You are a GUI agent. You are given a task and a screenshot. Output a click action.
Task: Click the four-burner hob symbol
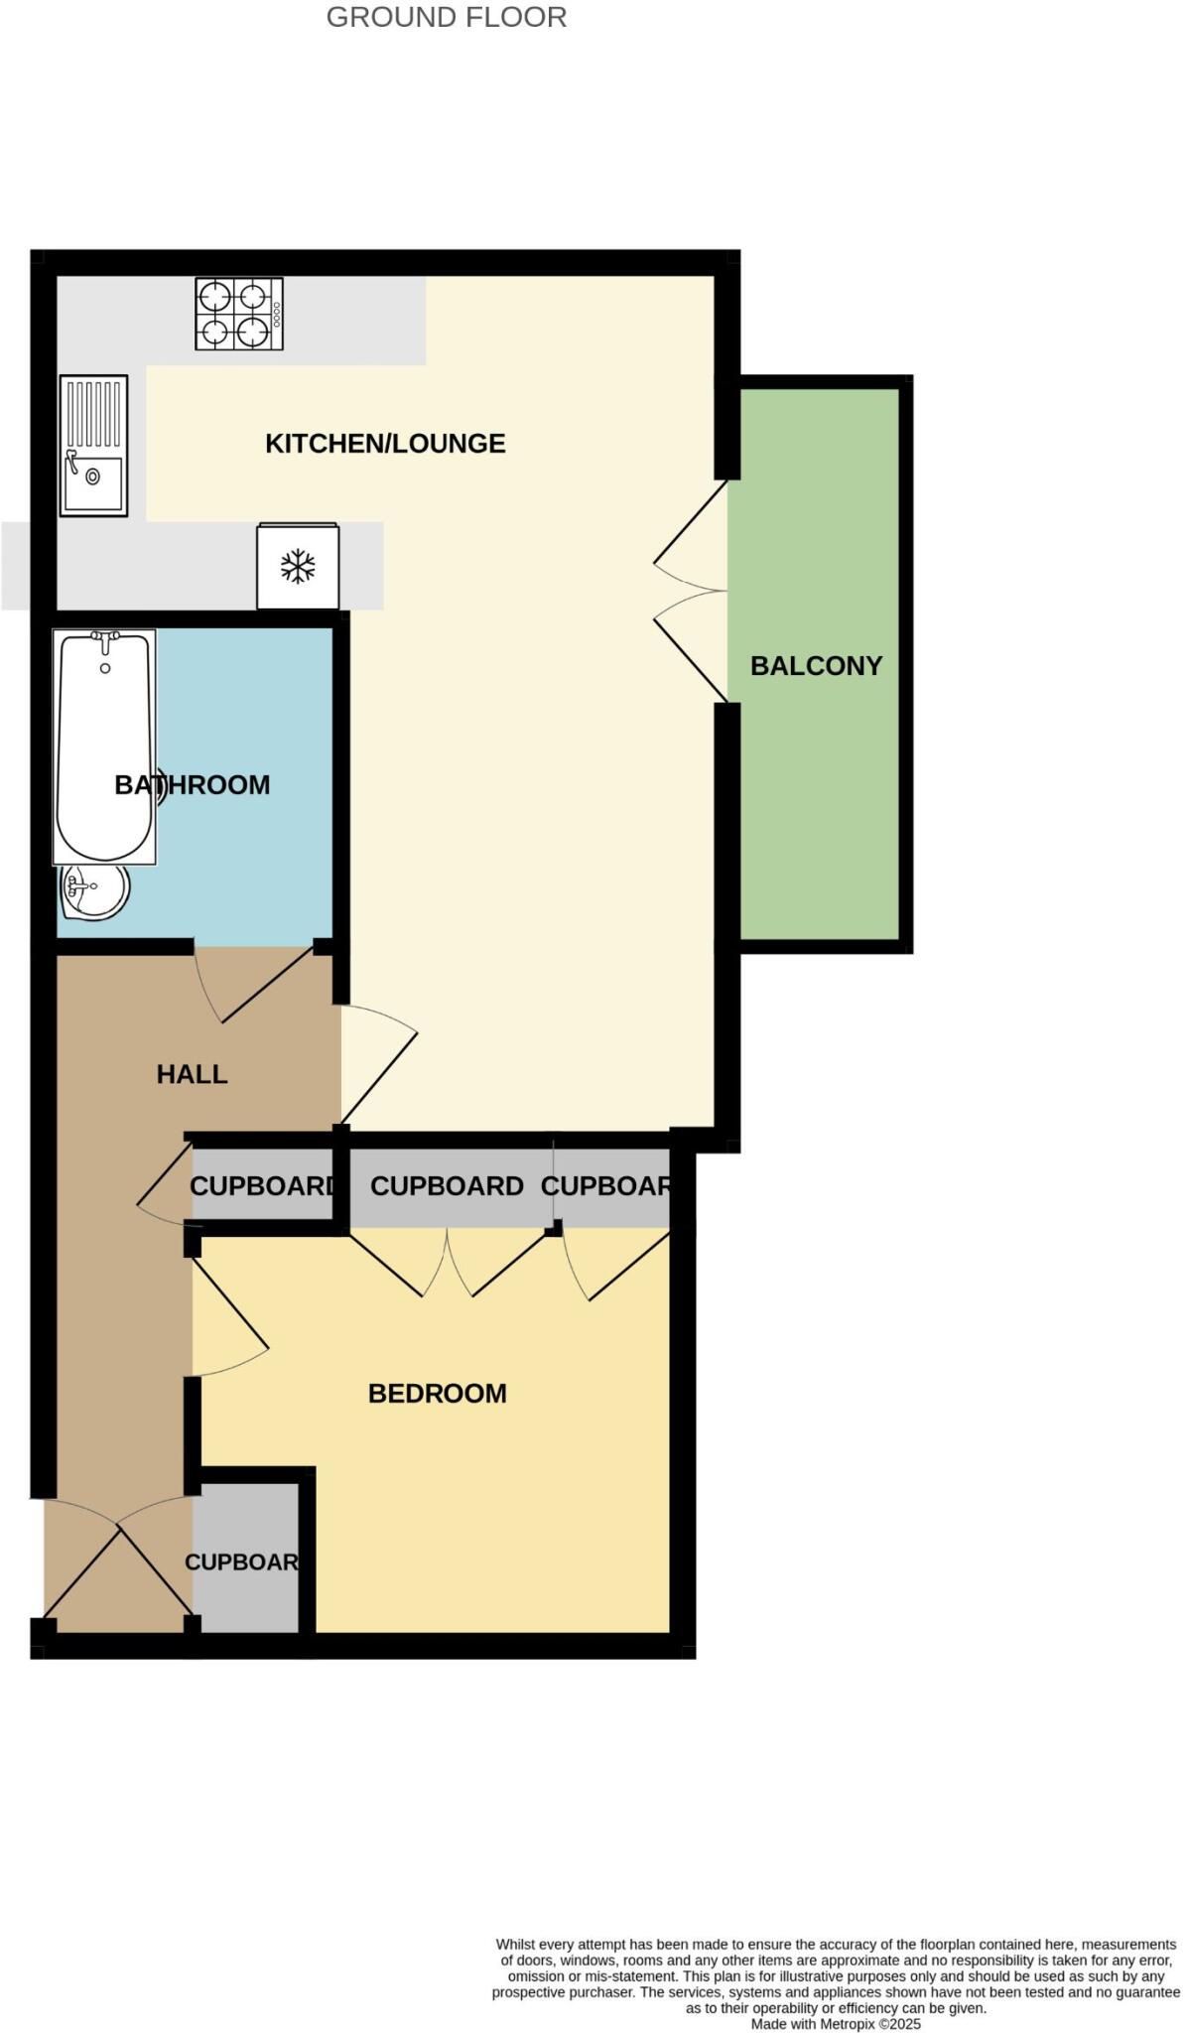coord(238,314)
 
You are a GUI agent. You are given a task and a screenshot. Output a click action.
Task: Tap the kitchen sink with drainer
coord(93,445)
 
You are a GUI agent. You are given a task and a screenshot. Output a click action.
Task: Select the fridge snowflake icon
coord(298,567)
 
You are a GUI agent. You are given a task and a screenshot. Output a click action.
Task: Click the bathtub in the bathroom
coord(104,746)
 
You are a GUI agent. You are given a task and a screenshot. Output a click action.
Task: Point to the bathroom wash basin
coord(93,890)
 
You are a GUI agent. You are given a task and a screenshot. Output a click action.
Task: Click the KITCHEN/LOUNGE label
coord(385,443)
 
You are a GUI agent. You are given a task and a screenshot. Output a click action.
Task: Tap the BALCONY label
coord(816,665)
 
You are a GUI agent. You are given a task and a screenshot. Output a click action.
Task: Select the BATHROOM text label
coord(193,785)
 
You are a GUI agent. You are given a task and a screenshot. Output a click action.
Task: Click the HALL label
coord(192,1074)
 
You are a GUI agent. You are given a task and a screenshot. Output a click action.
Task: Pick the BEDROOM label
coord(437,1394)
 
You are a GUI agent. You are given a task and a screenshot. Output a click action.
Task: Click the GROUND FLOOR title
coord(446,17)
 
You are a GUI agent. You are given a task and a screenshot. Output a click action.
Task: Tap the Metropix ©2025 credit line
coord(835,2024)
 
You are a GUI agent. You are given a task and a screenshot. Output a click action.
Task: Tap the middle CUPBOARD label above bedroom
coord(447,1186)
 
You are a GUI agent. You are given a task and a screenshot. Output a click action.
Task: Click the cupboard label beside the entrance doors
coord(242,1561)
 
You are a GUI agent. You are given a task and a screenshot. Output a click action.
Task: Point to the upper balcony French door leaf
coord(691,526)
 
